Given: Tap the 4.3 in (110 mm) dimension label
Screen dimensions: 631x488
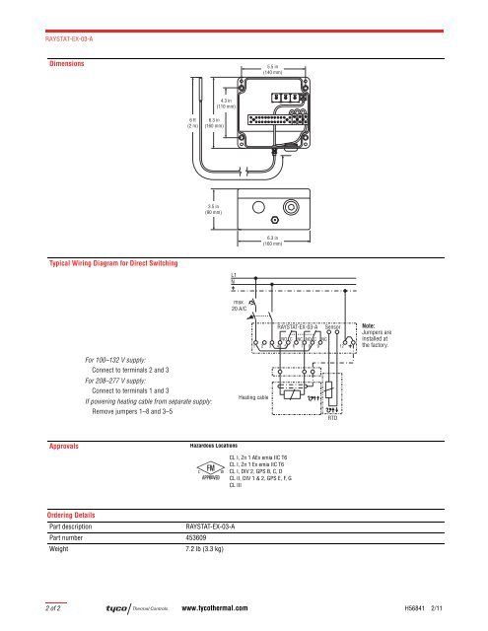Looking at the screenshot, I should click(224, 102).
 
